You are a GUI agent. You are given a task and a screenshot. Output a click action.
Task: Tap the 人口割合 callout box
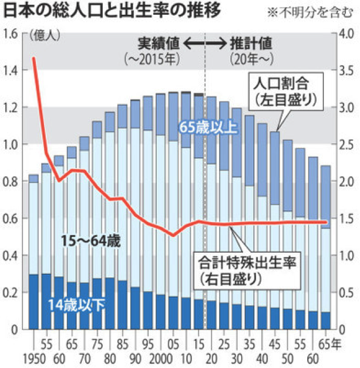tap(285, 89)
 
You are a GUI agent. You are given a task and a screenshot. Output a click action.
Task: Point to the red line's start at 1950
tap(33, 58)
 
